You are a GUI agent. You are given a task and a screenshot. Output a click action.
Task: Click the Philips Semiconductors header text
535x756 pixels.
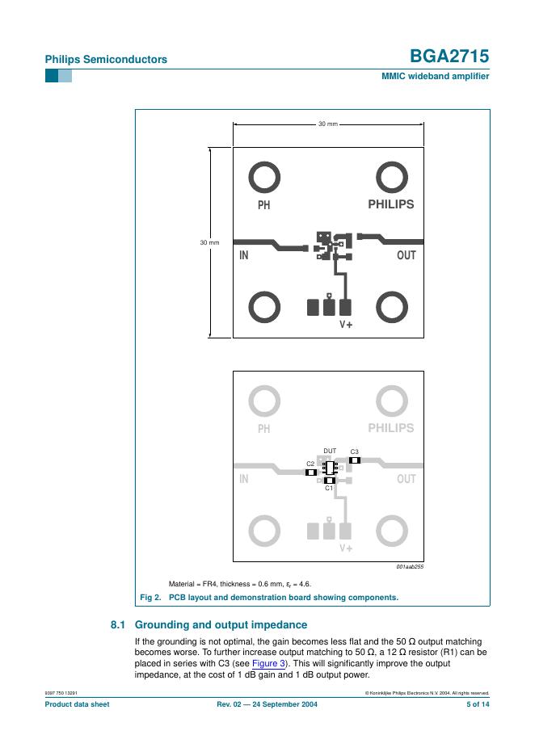coord(106,59)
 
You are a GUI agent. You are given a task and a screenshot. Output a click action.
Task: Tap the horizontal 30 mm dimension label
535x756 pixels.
coord(327,124)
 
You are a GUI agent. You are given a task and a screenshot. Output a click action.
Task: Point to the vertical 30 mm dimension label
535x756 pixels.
coord(209,242)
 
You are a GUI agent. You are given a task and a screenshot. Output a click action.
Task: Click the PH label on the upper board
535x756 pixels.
coord(263,205)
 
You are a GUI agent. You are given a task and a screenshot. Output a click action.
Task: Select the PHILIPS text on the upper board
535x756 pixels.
coord(390,204)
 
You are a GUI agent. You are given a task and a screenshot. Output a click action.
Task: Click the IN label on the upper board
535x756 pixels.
coord(243,256)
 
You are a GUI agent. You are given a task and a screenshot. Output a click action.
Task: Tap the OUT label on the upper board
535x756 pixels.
coord(406,255)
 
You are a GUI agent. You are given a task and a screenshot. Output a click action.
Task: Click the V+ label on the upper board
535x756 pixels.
coord(346,325)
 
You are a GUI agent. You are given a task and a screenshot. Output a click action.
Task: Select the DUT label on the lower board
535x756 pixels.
coord(330,451)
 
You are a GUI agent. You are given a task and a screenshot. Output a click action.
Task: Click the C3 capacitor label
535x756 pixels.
coord(354,451)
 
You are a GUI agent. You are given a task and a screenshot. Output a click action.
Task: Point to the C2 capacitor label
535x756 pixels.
coord(310,464)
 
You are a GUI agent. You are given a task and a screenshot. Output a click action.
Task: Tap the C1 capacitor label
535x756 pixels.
coord(329,489)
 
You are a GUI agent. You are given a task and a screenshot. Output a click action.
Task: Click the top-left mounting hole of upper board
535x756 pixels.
coord(263,176)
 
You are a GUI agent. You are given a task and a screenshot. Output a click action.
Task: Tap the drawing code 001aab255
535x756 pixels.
coord(410,566)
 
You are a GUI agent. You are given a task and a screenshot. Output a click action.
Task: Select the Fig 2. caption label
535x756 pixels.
coord(151,598)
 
